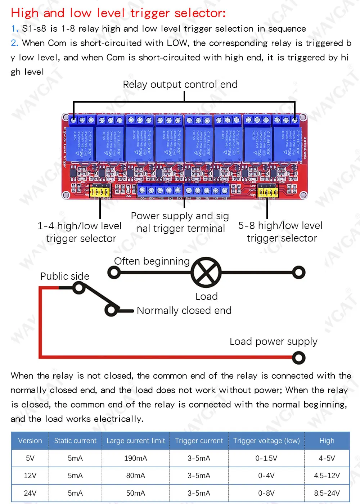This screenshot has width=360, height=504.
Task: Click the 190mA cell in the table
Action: click(x=135, y=458)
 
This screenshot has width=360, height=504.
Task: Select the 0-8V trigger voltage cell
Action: click(x=266, y=493)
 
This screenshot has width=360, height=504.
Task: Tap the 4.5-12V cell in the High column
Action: click(x=327, y=476)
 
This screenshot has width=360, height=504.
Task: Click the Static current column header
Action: click(x=75, y=441)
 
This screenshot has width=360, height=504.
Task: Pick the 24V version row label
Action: click(x=30, y=493)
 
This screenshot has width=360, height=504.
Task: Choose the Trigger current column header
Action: click(x=199, y=441)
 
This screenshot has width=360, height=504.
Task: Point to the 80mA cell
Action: click(x=135, y=476)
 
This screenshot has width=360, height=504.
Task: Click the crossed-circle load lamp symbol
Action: click(x=206, y=273)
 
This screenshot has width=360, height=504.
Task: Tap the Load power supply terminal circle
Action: click(x=298, y=357)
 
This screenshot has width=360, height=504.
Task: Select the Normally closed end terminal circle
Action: click(x=111, y=310)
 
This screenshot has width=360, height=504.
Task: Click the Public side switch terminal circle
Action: click(x=78, y=288)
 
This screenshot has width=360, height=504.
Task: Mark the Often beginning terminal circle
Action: click(x=114, y=272)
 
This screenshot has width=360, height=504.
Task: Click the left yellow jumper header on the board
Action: click(x=100, y=192)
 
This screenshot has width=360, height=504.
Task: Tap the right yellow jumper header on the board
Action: click(x=268, y=192)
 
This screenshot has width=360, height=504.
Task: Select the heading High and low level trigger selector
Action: click(x=118, y=13)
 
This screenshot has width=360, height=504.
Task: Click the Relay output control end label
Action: click(x=180, y=85)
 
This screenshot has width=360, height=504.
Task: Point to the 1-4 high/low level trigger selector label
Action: click(x=80, y=232)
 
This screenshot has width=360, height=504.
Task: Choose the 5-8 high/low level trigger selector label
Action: click(x=280, y=232)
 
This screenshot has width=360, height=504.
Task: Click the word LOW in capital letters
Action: click(x=177, y=43)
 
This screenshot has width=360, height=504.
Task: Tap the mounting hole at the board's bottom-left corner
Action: click(x=66, y=195)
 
